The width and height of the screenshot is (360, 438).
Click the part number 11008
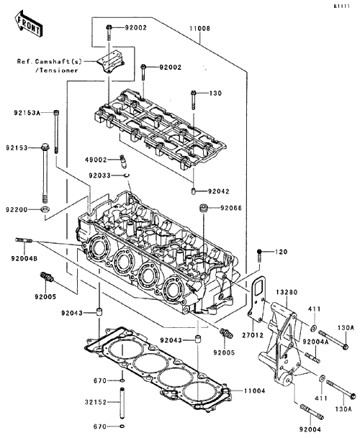(199, 29)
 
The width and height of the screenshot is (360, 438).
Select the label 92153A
(27, 113)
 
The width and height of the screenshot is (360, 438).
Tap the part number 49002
(96, 160)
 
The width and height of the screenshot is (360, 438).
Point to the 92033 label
(100, 175)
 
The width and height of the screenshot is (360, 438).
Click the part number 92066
(231, 208)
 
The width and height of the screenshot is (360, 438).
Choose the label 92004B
(24, 259)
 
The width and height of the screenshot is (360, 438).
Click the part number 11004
(254, 391)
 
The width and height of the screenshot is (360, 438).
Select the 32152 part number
(96, 402)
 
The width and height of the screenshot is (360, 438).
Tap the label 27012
(253, 334)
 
